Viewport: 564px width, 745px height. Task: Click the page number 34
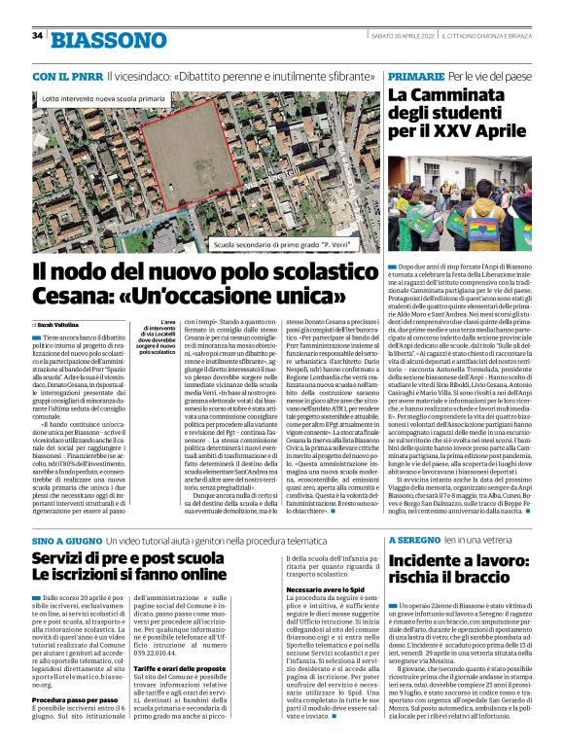point(38,35)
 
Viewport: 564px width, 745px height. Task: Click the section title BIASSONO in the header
point(109,40)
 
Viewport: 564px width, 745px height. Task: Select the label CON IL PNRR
point(67,75)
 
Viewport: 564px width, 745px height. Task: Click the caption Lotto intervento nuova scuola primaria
point(105,99)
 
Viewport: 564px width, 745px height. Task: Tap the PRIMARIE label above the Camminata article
point(415,75)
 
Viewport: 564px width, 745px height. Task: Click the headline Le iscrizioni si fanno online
point(144,575)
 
